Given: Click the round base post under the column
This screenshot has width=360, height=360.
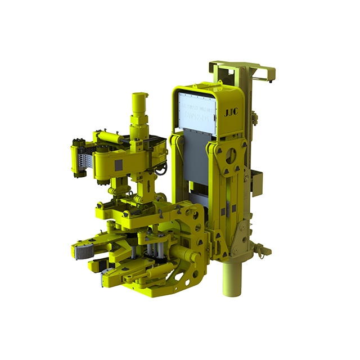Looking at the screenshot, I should pos(230,276).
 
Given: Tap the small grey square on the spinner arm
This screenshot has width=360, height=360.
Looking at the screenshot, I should pos(119,165).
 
